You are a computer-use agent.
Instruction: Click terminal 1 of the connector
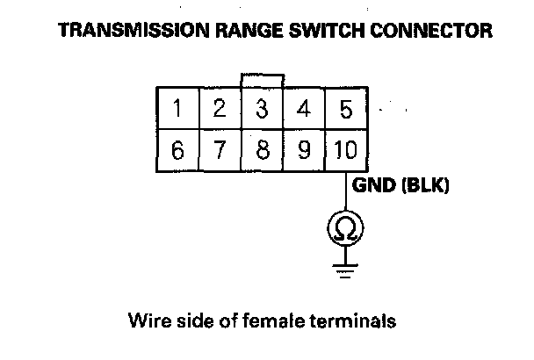click(x=177, y=110)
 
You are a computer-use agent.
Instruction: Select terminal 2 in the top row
click(x=220, y=110)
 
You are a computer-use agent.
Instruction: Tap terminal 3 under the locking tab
click(x=262, y=110)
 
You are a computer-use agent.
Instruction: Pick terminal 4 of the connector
click(x=304, y=110)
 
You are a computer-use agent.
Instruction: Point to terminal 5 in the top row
click(x=345, y=110)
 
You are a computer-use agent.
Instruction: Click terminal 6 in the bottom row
click(x=177, y=150)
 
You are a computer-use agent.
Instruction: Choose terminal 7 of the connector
click(x=220, y=150)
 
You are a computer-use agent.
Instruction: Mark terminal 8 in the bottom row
click(x=262, y=150)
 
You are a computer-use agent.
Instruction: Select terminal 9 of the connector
click(x=304, y=150)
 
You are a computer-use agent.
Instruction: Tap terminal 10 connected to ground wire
click(x=345, y=150)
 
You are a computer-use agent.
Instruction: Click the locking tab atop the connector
click(x=262, y=81)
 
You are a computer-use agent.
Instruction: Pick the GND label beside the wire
click(x=370, y=186)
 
